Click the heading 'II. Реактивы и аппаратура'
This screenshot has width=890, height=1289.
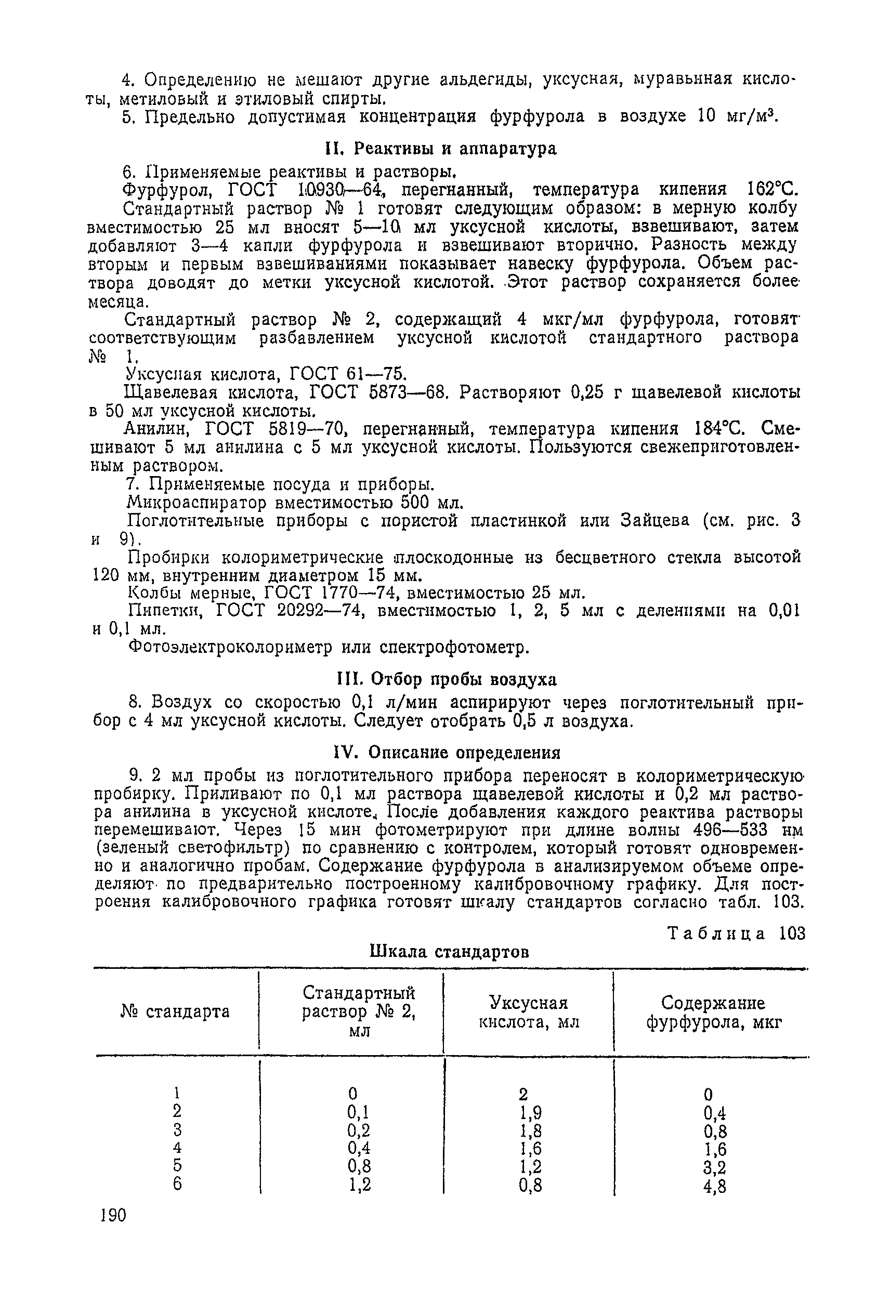click(440, 149)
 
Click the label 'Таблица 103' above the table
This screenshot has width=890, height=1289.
click(736, 933)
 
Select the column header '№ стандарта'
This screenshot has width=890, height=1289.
click(175, 1011)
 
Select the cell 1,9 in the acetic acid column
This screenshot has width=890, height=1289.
click(530, 1113)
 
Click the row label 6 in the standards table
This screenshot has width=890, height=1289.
click(177, 1183)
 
